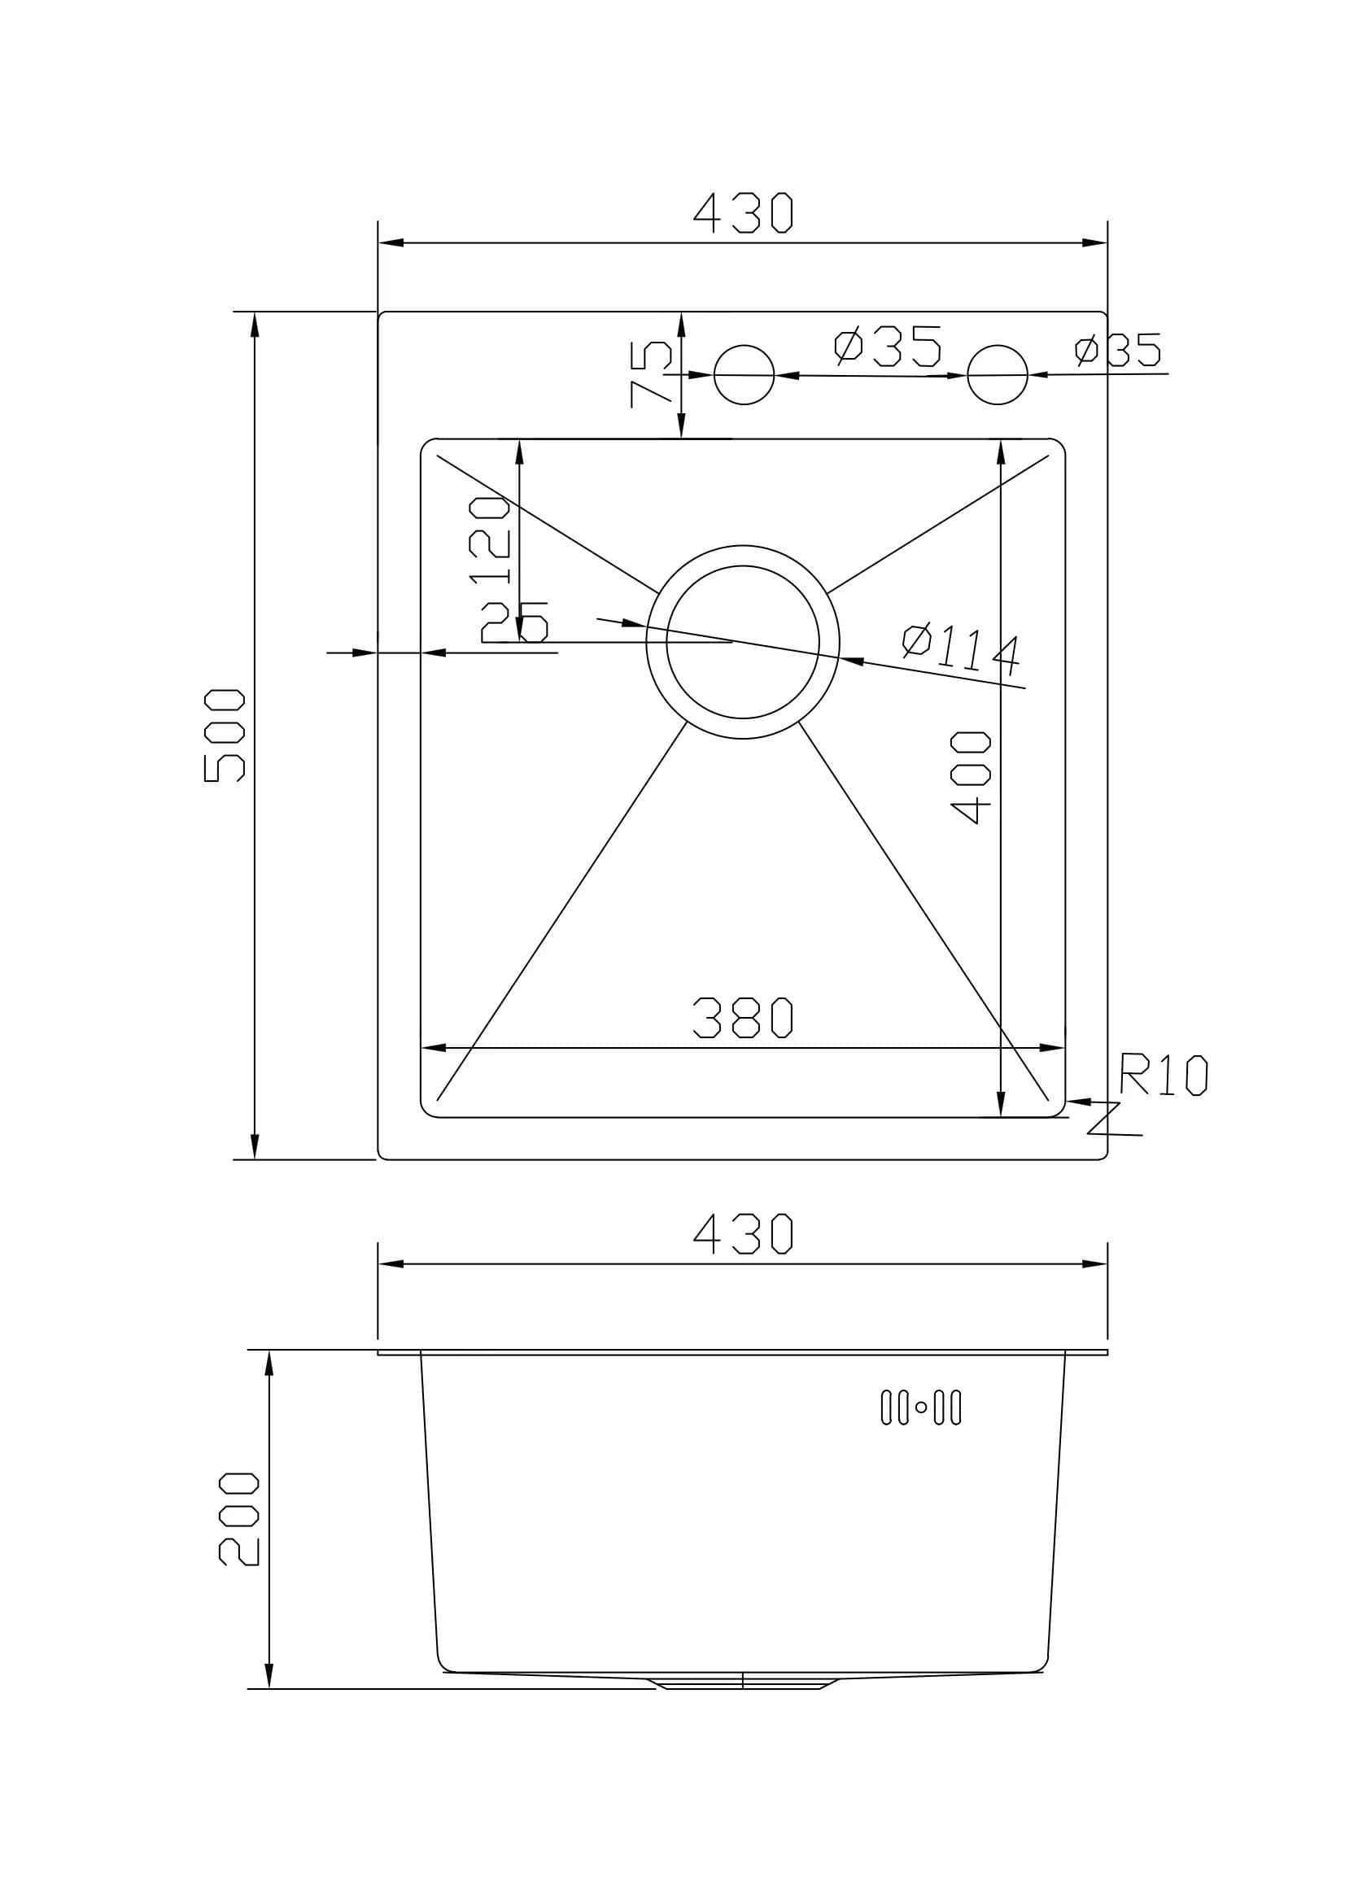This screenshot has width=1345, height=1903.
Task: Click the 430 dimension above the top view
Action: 744,213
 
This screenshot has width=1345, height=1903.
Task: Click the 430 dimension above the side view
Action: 744,1234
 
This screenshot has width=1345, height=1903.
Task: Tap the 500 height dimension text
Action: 224,735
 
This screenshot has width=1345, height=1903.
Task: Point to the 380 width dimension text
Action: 744,1018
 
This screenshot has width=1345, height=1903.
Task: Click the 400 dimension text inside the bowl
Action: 972,777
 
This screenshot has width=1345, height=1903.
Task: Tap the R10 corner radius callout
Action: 1164,1075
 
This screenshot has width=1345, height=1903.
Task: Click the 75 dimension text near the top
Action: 651,373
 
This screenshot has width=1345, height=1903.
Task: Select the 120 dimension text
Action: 489,540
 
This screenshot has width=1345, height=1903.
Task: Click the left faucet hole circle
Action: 744,374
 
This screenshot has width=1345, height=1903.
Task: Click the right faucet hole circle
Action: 997,374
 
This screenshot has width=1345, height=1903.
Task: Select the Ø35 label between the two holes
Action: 888,347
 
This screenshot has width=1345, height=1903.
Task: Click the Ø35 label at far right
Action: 1119,350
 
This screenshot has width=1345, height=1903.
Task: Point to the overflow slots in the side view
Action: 921,1408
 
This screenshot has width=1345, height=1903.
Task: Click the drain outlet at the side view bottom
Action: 743,1683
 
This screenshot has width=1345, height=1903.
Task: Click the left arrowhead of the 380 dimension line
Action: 434,1049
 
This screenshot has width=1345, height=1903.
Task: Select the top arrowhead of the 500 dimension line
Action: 255,324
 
